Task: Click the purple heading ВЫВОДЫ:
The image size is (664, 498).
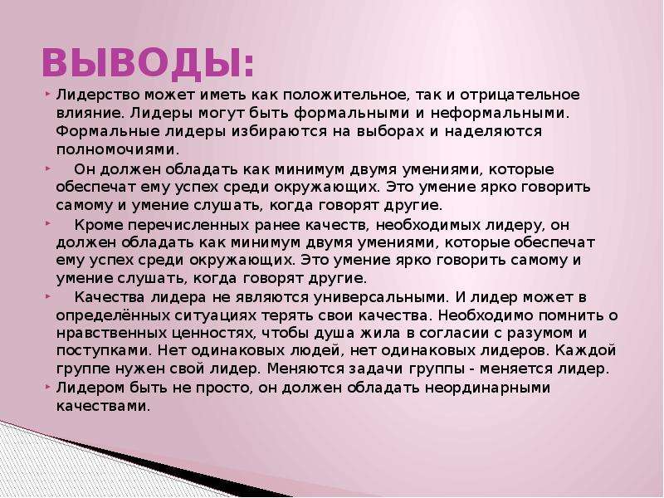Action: [148, 63]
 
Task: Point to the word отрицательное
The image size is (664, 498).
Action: [520, 95]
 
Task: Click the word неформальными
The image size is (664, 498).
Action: [500, 114]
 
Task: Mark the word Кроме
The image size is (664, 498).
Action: [99, 225]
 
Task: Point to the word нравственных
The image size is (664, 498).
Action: [112, 334]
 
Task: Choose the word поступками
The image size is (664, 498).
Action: [104, 351]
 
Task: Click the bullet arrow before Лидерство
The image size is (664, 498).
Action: [47, 92]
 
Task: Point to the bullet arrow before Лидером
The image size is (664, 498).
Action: [47, 386]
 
